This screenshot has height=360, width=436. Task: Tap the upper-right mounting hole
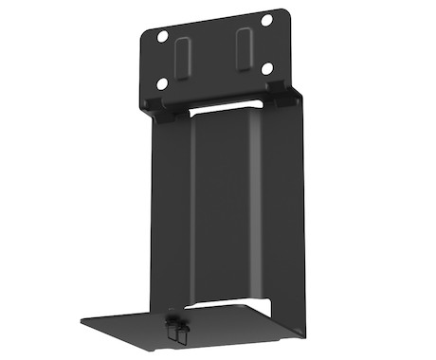click(266, 20)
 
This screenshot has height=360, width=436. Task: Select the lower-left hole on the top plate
click(163, 83)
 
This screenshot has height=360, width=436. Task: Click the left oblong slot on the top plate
click(181, 58)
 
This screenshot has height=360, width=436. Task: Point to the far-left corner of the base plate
click(80, 320)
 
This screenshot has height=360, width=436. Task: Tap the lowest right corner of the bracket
click(306, 335)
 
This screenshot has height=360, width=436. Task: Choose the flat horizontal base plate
click(190, 327)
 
